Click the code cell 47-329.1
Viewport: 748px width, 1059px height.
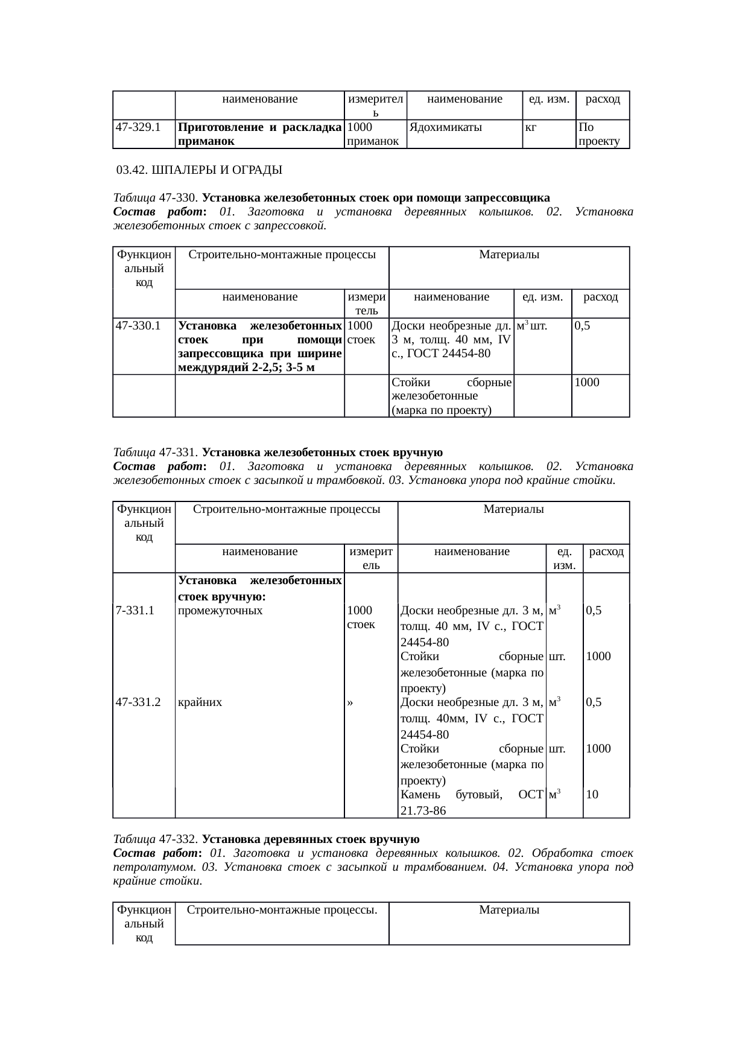138,127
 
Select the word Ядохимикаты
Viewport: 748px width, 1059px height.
445,127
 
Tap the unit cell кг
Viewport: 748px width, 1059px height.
531,127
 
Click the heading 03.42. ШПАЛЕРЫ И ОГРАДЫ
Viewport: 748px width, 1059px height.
199,170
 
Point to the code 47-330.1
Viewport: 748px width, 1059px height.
138,326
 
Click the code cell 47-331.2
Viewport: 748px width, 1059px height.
138,702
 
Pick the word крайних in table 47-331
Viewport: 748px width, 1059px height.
200,702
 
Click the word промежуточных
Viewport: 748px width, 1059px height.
221,610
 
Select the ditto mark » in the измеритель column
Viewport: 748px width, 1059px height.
350,703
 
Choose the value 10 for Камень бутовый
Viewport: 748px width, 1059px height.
592,795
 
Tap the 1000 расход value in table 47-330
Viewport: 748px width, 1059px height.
587,382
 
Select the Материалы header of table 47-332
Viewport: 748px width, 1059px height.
509,909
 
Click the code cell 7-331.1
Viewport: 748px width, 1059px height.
135,610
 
